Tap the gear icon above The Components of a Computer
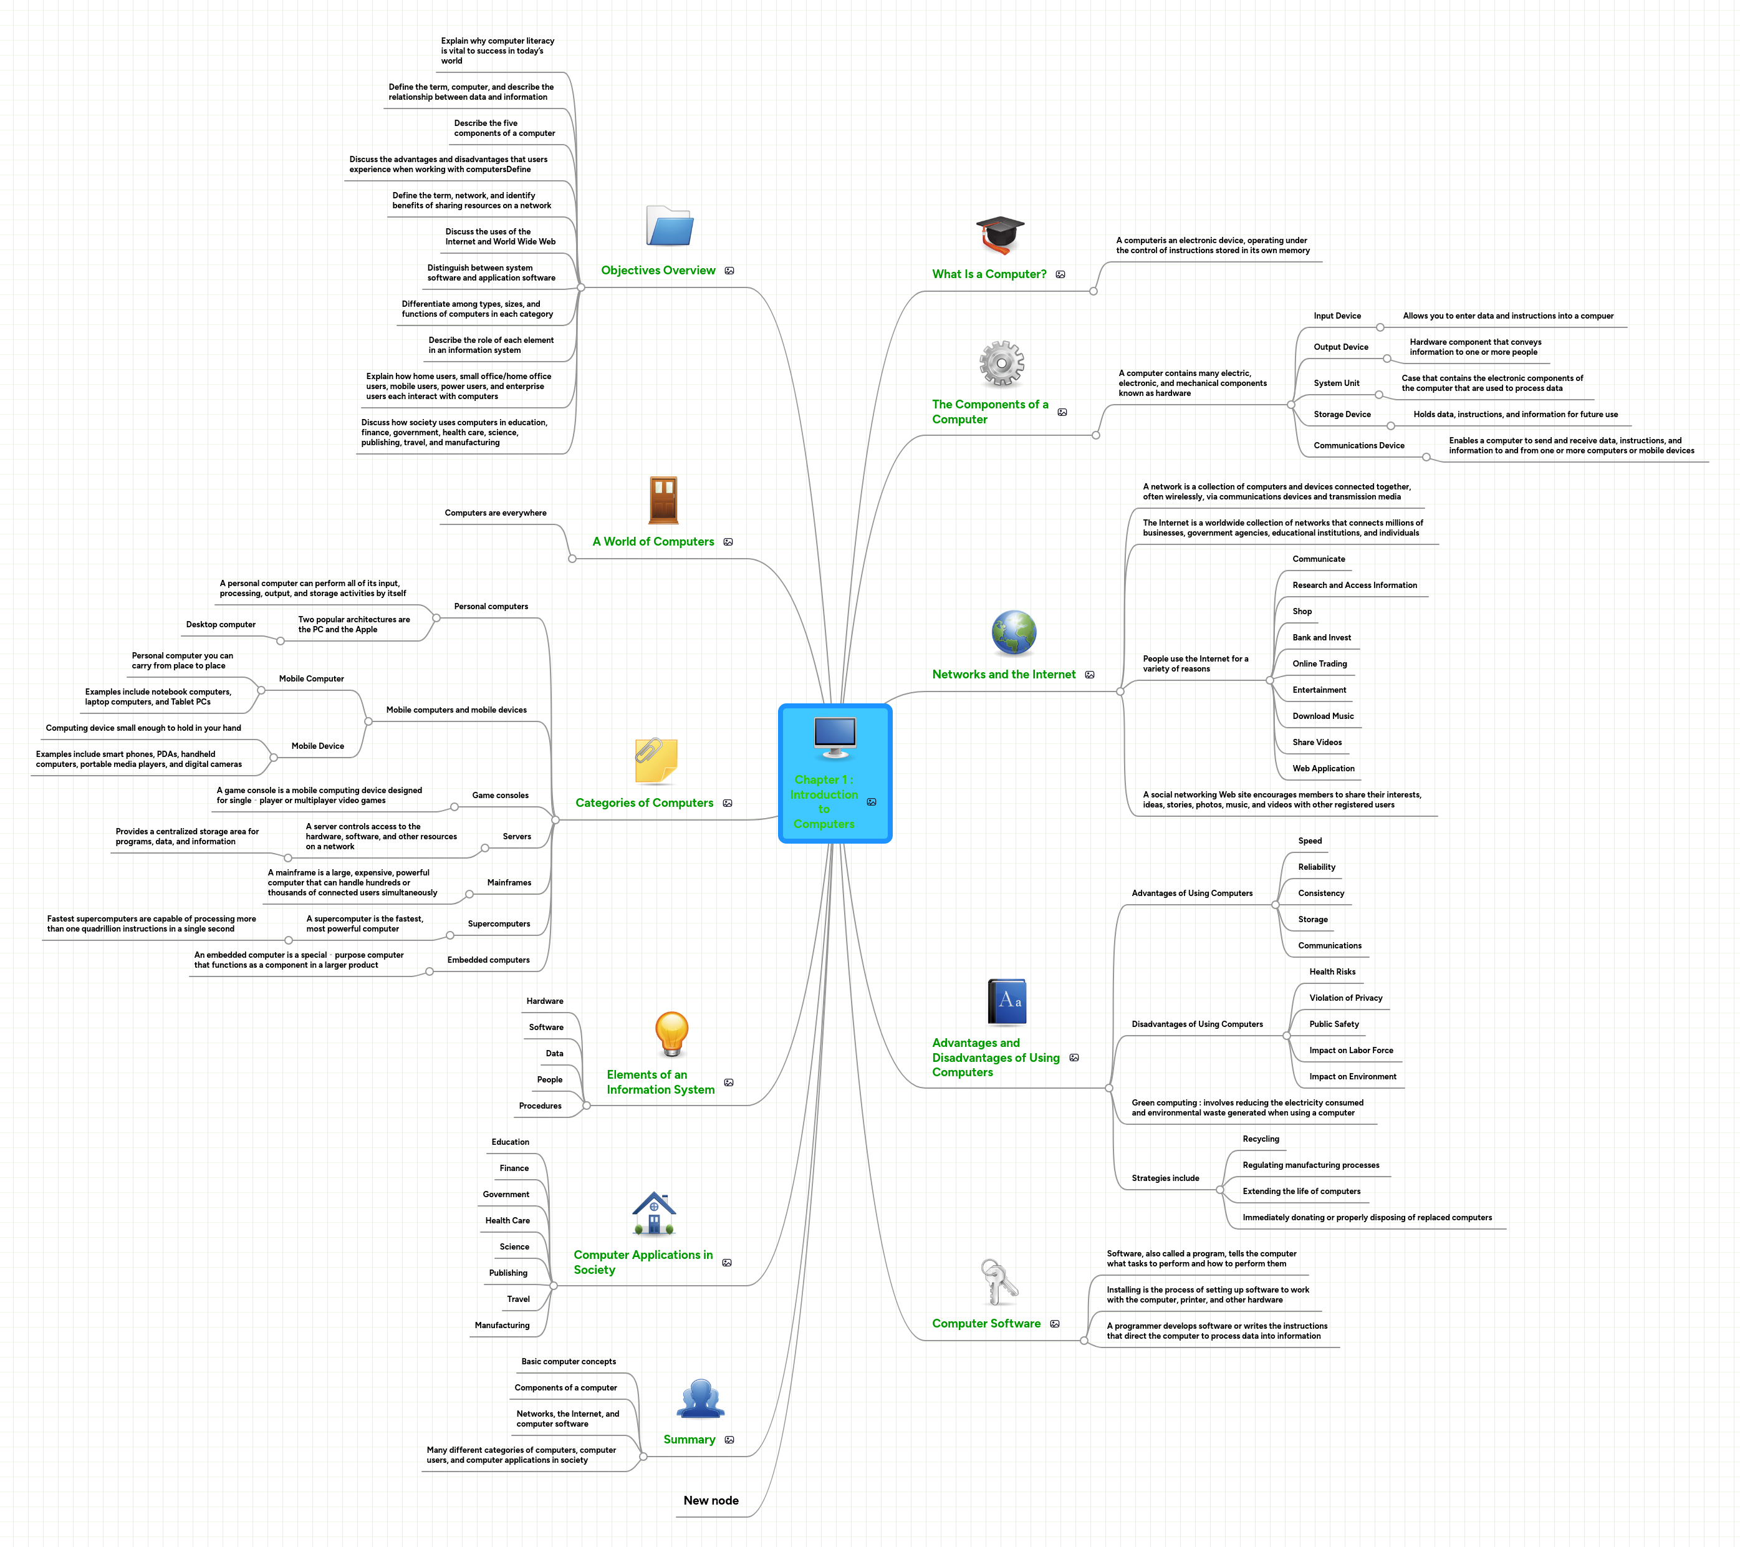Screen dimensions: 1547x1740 click(x=1001, y=364)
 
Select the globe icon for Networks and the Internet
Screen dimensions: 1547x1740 click(x=1013, y=634)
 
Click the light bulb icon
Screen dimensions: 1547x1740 click(x=671, y=1034)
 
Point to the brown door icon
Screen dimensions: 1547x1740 click(x=663, y=500)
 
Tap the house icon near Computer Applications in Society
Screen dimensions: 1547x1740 click(x=654, y=1213)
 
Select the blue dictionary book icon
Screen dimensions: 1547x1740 click(x=1006, y=1002)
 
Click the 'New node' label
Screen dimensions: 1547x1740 click(x=711, y=1500)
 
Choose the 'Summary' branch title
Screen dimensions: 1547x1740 click(x=689, y=1439)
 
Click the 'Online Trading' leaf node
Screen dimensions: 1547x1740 click(x=1319, y=663)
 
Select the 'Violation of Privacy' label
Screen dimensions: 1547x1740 click(x=1345, y=998)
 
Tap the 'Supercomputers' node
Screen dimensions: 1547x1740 click(x=498, y=923)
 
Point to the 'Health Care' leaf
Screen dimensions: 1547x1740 click(x=507, y=1220)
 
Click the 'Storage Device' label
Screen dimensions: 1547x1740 click(x=1342, y=415)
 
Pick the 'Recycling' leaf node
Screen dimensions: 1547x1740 click(x=1260, y=1139)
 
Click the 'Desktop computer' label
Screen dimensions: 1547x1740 click(x=221, y=624)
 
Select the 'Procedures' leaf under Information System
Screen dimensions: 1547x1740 click(x=540, y=1106)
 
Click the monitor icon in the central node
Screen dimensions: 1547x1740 click(x=834, y=737)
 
